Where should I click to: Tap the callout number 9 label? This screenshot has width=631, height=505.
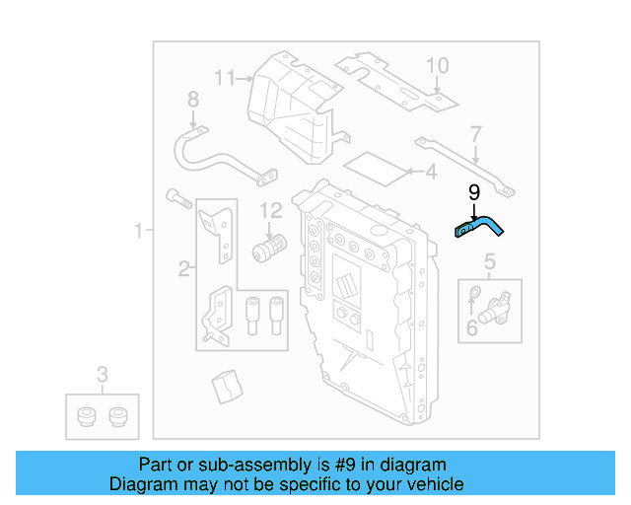[473, 193]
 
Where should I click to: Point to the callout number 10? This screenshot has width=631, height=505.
[437, 66]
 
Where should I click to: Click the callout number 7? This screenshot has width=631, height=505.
[475, 133]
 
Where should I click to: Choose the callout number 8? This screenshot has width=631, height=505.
[192, 99]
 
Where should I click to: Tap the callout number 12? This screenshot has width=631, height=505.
[270, 210]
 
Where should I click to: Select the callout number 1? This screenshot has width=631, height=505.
[139, 232]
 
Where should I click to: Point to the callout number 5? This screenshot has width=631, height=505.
[488, 261]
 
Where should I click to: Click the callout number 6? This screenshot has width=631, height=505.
[471, 327]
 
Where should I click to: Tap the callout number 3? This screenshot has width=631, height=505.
[102, 374]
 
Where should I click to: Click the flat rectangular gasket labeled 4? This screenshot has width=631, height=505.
[379, 168]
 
